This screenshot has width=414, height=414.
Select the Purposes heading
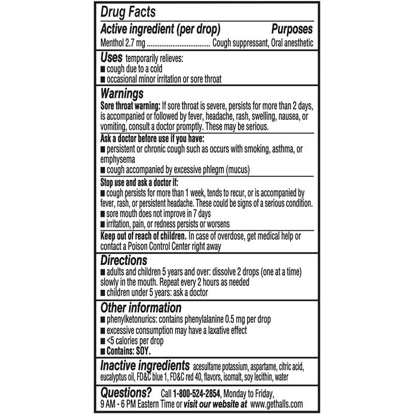[291, 29]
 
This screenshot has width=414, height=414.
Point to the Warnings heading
[122, 94]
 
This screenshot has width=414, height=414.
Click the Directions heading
[123, 260]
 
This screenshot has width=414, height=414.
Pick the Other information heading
[140, 307]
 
